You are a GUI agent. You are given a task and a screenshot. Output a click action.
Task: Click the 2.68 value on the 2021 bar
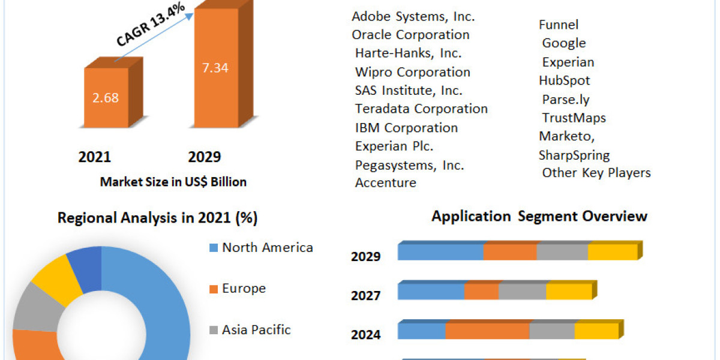pos(106,97)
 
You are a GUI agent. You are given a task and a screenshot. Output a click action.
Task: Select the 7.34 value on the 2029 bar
pos(215,67)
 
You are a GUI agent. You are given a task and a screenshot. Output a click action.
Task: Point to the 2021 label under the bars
pos(94,157)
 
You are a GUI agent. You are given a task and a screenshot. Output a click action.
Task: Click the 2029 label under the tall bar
pos(204,157)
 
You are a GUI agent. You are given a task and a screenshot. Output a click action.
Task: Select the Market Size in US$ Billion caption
pos(173,182)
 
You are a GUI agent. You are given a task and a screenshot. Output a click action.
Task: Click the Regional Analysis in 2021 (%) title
pos(157,218)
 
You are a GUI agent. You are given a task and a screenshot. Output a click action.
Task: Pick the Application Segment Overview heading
pos(539,216)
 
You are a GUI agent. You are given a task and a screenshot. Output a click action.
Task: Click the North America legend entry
pos(267,247)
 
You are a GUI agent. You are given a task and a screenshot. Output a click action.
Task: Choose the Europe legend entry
pos(243,289)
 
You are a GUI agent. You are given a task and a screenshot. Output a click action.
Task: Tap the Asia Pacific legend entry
pos(256,329)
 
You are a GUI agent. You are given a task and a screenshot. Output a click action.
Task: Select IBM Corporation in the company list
pos(406,128)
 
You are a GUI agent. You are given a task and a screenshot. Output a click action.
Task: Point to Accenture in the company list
pos(385,182)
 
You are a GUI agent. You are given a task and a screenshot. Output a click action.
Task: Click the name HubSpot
pos(564,80)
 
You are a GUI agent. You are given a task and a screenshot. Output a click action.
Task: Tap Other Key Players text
pos(596,173)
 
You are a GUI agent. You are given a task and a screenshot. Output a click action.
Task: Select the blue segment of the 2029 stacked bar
pos(440,253)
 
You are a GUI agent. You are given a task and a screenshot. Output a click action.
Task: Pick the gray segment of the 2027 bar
pos(522,292)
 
